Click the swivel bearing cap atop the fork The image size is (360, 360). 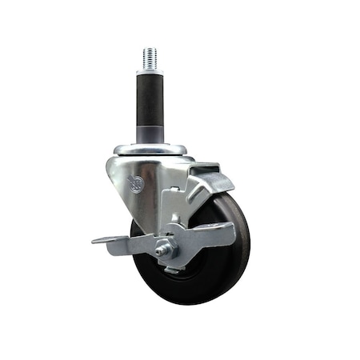pos(150,150)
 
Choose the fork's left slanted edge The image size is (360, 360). pos(116,184)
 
